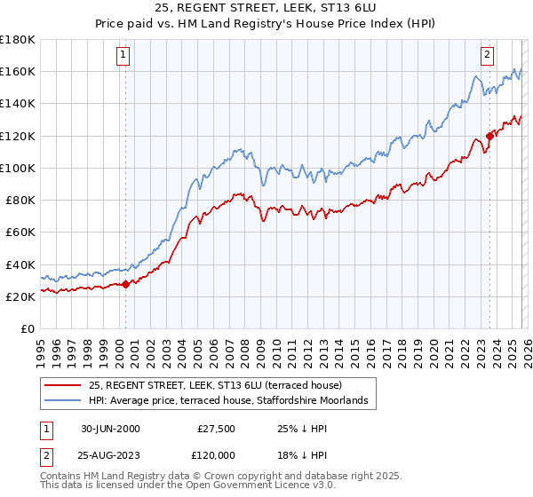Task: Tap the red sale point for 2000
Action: [125, 284]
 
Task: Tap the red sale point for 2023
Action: [489, 136]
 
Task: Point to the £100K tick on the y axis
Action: [18, 168]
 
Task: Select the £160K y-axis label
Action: [18, 71]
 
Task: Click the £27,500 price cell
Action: [216, 428]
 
